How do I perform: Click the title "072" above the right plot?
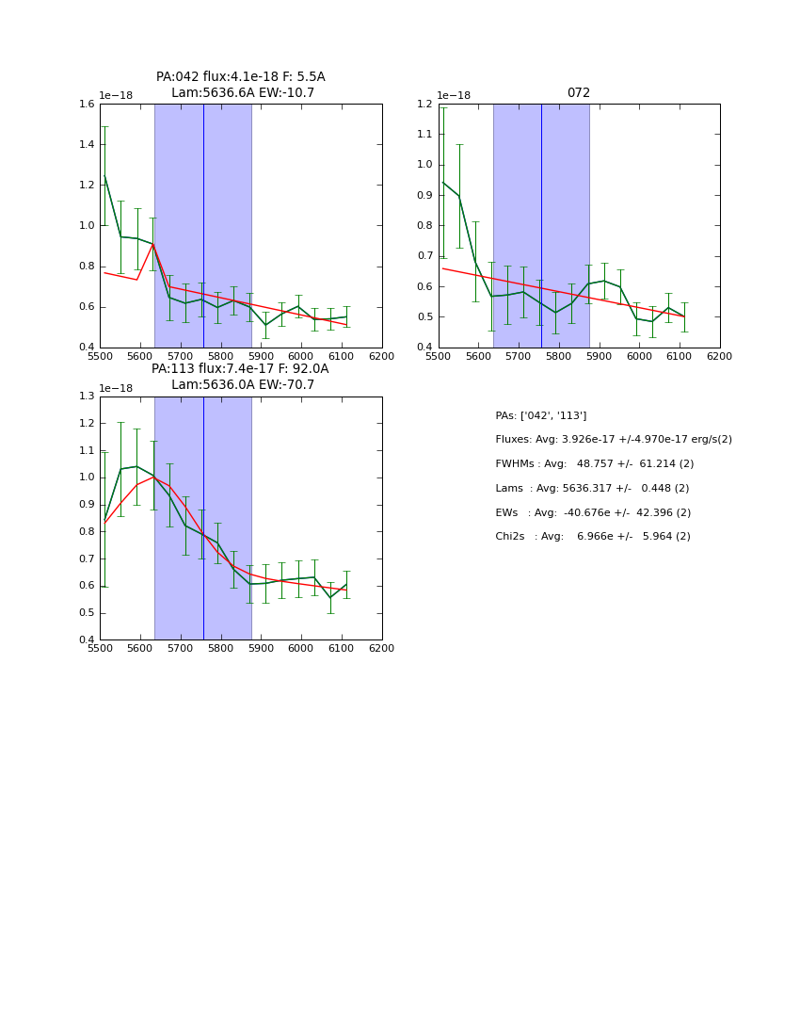pyautogui.click(x=578, y=93)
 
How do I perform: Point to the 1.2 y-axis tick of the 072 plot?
pyautogui.click(x=424, y=105)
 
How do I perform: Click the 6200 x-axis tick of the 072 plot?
pyautogui.click(x=719, y=356)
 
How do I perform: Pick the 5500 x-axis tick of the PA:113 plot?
pyautogui.click(x=100, y=649)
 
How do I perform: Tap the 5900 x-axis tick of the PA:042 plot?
pyautogui.click(x=261, y=356)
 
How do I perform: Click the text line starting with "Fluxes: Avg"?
pyautogui.click(x=613, y=440)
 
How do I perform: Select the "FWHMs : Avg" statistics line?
pyautogui.click(x=594, y=464)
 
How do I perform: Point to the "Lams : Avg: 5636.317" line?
pyautogui.click(x=592, y=489)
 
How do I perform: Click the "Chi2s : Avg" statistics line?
pyautogui.click(x=592, y=537)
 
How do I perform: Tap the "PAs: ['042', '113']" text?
pyautogui.click(x=540, y=416)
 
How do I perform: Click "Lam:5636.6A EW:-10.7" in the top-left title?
pyautogui.click(x=243, y=93)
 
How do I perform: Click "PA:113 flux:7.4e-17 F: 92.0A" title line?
pyautogui.click(x=240, y=369)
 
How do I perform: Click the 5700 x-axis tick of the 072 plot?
pyautogui.click(x=518, y=356)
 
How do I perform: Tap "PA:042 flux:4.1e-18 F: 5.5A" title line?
pyautogui.click(x=241, y=77)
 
